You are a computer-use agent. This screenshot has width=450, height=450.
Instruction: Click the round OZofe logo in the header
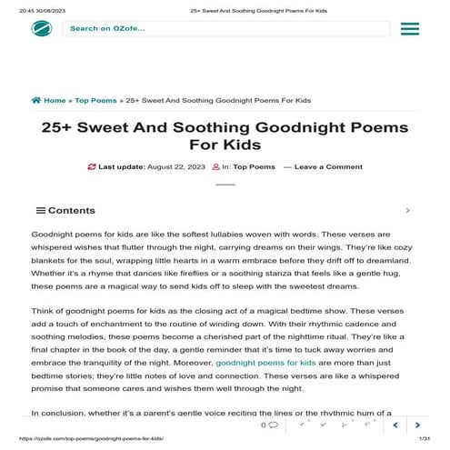42,28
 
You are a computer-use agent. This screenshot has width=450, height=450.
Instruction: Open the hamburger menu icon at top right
409,29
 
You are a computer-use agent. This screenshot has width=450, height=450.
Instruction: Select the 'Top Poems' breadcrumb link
95,100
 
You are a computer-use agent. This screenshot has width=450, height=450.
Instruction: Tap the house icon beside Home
36,100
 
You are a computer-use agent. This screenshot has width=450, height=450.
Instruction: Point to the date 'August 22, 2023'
172,167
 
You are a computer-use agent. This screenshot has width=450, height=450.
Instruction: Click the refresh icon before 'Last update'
92,167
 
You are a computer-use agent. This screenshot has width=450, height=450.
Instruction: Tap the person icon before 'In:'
215,167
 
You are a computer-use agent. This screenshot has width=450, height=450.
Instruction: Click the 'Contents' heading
71,210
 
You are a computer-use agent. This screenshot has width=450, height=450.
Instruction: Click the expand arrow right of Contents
407,210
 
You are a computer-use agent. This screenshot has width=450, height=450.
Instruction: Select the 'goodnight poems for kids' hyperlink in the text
259,362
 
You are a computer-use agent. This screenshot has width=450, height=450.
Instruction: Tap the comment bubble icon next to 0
274,425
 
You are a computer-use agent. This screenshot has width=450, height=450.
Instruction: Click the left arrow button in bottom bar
395,425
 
